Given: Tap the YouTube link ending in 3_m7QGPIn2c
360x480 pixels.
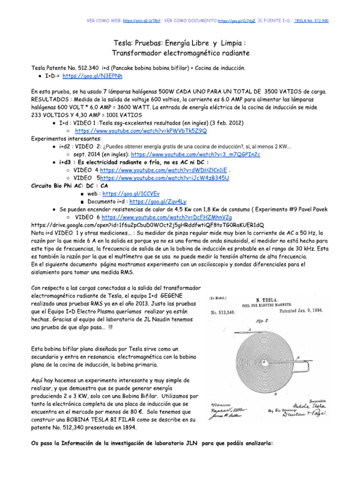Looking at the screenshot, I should coord(195,154).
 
